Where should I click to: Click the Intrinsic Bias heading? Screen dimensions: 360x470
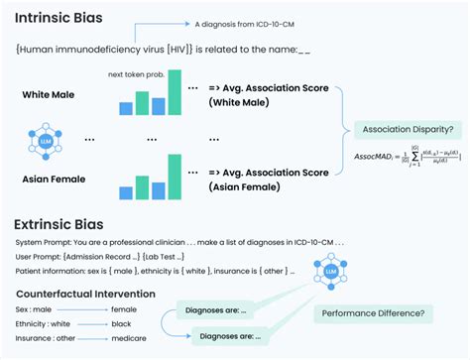point(61,17)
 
